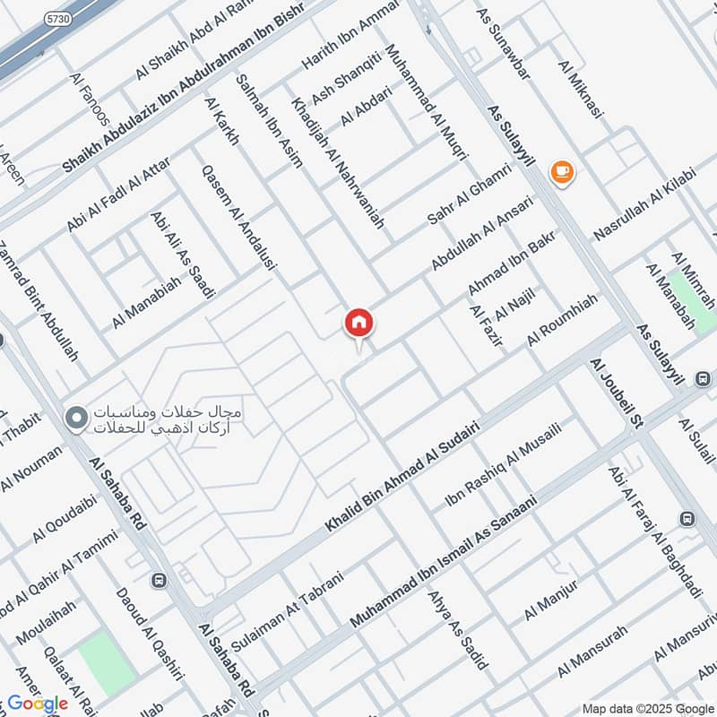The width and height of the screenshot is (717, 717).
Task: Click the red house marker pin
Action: (x=359, y=323)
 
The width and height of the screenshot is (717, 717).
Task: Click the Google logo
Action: (x=38, y=704)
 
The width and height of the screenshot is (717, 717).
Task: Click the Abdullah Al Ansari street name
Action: (x=481, y=233)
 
